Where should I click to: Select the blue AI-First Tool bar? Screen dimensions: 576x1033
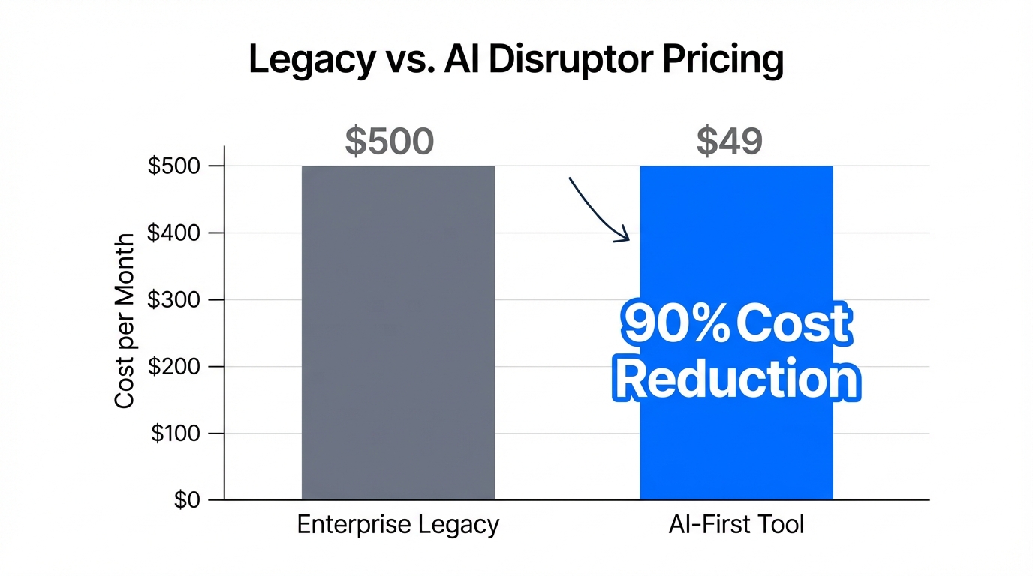click(736, 225)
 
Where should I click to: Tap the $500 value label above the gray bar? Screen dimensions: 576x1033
click(390, 141)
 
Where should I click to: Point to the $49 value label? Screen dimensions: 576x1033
click(729, 141)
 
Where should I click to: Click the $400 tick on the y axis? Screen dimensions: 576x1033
click(174, 233)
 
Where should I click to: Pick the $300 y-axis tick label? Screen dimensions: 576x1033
click(174, 300)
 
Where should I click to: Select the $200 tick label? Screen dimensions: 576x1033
click(174, 367)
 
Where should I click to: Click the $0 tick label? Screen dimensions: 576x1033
click(187, 500)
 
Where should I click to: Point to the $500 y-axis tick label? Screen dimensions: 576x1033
click(174, 166)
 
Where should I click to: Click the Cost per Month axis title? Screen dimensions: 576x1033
click(125, 321)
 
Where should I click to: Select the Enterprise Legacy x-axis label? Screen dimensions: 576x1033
click(398, 524)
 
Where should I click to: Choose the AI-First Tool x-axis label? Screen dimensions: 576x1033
click(736, 524)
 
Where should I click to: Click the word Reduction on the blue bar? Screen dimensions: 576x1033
click(737, 379)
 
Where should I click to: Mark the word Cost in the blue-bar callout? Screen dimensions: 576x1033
click(794, 325)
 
